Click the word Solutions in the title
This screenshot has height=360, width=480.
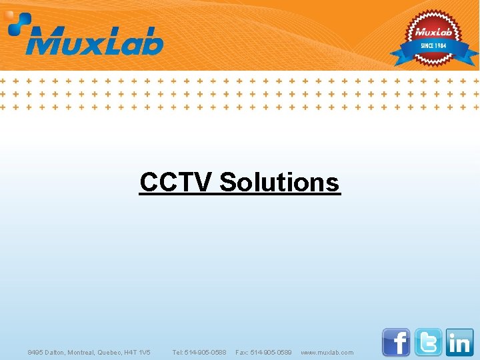(x=279, y=182)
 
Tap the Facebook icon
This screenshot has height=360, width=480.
(x=396, y=342)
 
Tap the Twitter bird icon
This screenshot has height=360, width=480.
(x=427, y=342)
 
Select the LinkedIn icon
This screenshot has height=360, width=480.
(x=459, y=342)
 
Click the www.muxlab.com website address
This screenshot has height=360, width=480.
(x=327, y=352)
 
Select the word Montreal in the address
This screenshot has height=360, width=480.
(x=81, y=352)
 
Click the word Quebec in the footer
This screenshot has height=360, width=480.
(x=110, y=352)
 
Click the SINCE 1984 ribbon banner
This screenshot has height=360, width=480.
(x=433, y=47)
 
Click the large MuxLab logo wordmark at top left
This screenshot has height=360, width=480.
(x=94, y=41)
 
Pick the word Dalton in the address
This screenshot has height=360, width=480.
(x=55, y=352)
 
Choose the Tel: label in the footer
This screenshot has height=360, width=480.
(x=177, y=352)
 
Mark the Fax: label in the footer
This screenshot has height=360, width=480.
(x=242, y=352)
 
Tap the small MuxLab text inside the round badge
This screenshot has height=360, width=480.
(x=433, y=31)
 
